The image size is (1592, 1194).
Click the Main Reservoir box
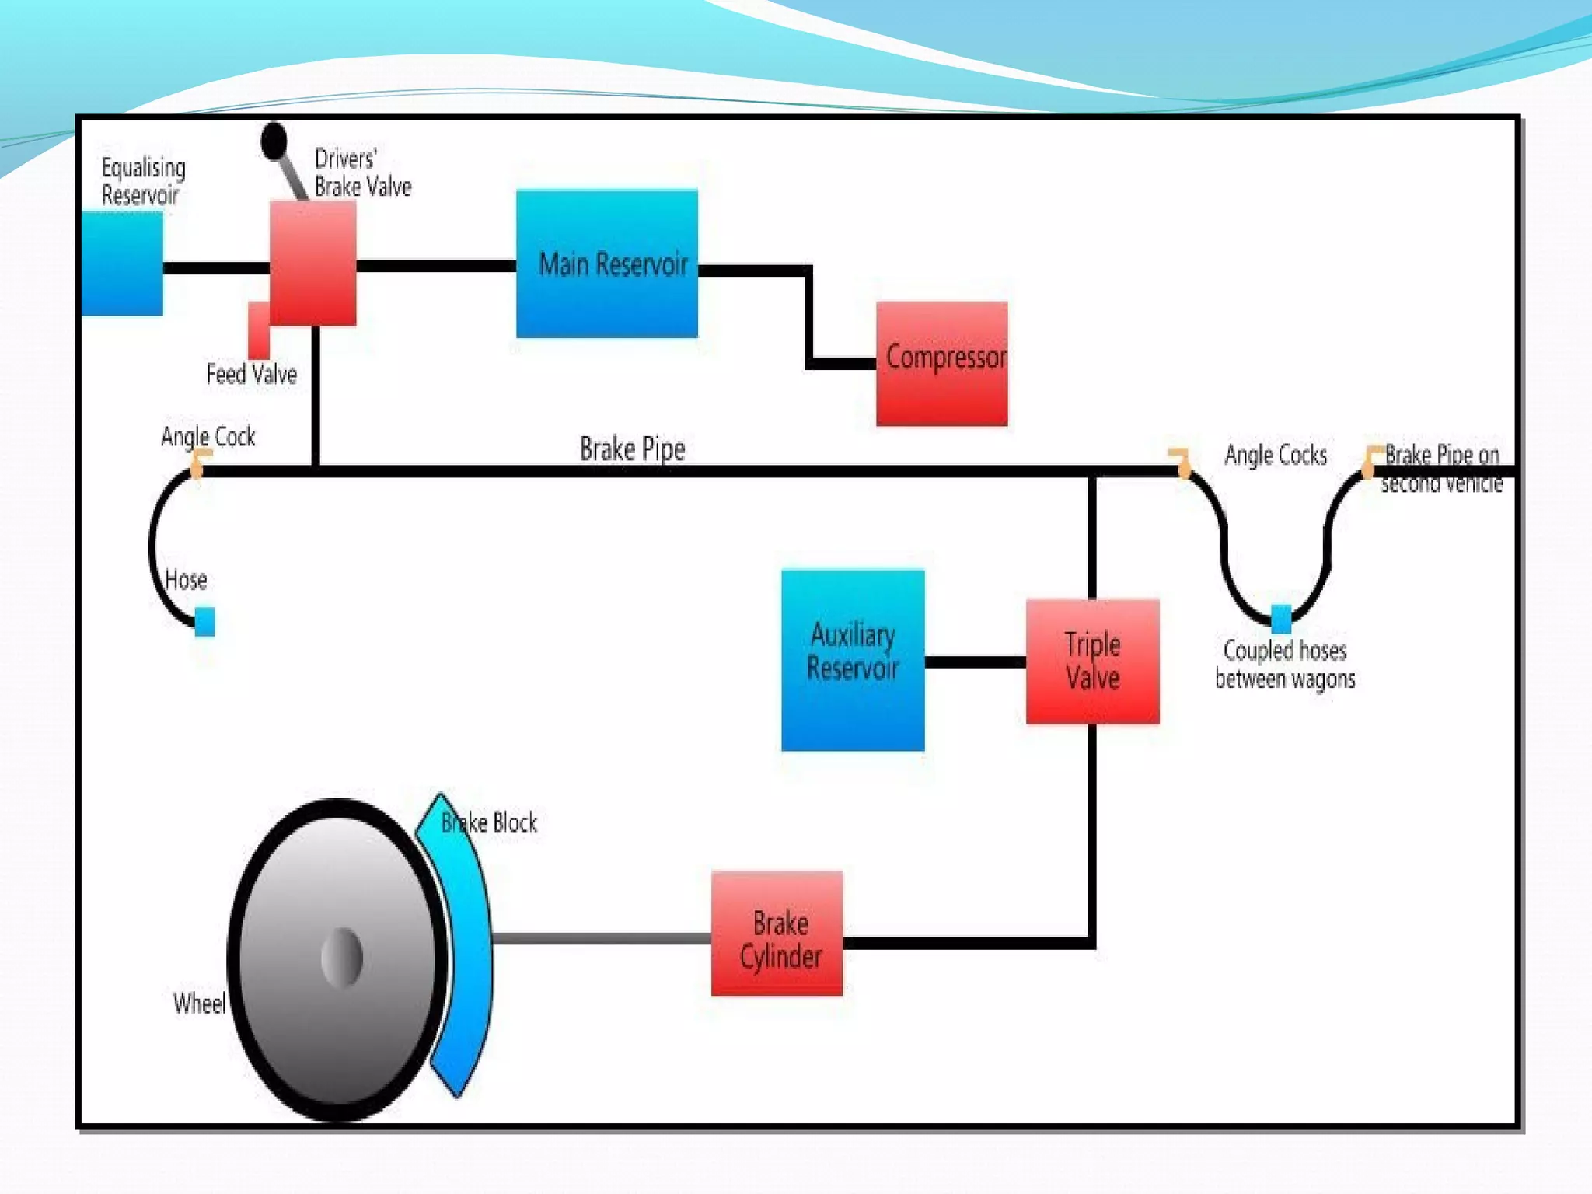(x=606, y=264)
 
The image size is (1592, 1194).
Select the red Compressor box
(x=941, y=364)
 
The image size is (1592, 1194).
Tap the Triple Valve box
(x=1092, y=662)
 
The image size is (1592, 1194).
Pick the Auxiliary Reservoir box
(x=853, y=660)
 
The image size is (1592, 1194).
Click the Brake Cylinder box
(x=777, y=934)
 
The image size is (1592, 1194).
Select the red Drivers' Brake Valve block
(x=312, y=262)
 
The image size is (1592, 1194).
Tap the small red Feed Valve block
(x=258, y=330)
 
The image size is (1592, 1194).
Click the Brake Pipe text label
(x=632, y=449)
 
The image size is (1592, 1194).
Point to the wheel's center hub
(x=342, y=957)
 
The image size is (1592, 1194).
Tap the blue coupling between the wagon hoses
(x=1280, y=619)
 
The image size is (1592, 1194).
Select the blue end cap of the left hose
(x=204, y=622)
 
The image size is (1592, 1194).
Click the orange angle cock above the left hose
(x=198, y=462)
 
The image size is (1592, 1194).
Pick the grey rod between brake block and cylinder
(x=601, y=938)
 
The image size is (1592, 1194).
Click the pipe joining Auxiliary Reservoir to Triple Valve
(x=975, y=662)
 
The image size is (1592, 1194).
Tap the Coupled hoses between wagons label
(x=1284, y=665)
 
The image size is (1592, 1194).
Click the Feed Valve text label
(x=251, y=375)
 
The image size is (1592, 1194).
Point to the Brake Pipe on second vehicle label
(x=1441, y=469)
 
